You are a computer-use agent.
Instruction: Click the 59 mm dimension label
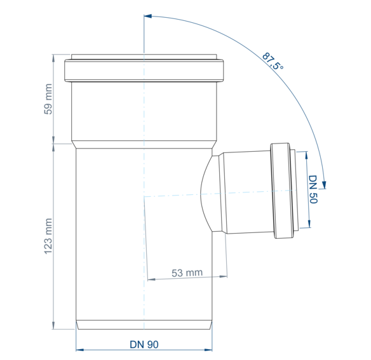click(48, 99)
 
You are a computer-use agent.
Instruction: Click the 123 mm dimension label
click(48, 236)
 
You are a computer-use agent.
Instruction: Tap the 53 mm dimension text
click(187, 273)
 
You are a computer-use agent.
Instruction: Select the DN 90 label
click(144, 344)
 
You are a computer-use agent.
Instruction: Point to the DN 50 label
click(313, 189)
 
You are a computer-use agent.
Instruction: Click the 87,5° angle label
click(273, 61)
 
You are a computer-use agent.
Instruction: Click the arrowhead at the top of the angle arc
click(147, 16)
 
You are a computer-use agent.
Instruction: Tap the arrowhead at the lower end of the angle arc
click(324, 185)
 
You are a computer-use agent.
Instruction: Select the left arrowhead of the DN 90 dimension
click(80, 350)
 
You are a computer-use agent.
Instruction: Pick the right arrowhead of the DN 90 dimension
click(208, 350)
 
